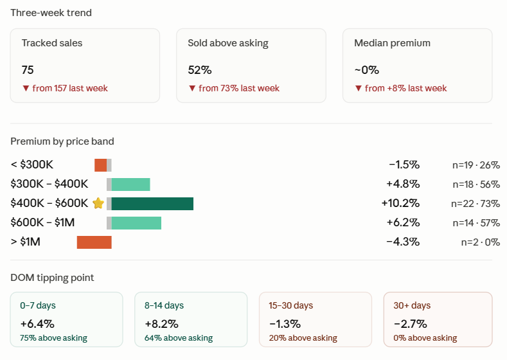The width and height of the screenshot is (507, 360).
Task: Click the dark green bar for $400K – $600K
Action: (152, 204)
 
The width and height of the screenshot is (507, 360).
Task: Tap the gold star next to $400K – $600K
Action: (98, 203)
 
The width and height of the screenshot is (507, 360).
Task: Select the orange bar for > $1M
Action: (94, 242)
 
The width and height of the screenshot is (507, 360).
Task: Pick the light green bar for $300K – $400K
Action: (130, 184)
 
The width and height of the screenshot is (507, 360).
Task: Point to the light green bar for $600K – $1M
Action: (136, 223)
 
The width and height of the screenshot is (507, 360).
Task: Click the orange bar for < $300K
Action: (100, 165)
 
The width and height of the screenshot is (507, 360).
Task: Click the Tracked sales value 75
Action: (28, 70)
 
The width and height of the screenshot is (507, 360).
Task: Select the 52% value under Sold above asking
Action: (200, 70)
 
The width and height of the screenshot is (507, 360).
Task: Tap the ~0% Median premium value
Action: (367, 70)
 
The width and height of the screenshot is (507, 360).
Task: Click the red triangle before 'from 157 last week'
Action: (26, 88)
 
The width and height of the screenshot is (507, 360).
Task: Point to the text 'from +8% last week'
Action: (406, 88)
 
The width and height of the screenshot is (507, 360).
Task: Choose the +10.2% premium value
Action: (400, 203)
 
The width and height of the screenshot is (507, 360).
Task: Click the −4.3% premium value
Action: (403, 242)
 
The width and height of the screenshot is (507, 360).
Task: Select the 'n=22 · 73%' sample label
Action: (476, 204)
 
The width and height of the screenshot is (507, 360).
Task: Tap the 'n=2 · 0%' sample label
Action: (481, 242)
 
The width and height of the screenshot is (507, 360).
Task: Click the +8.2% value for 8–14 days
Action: (162, 324)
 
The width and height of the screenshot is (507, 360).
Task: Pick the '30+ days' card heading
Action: (412, 305)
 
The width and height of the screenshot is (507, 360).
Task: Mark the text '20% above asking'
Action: (303, 338)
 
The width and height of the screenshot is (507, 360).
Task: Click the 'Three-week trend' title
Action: (51, 13)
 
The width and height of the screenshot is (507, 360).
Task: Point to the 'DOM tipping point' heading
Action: (52, 278)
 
